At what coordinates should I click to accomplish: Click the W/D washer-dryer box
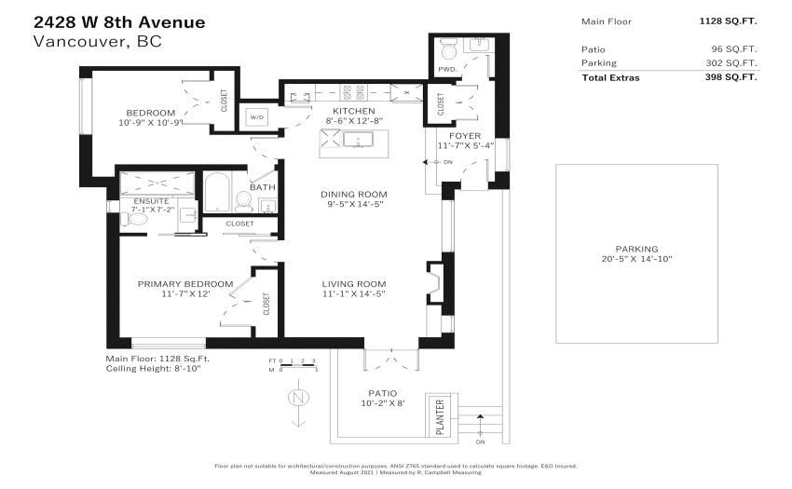pyautogui.click(x=257, y=117)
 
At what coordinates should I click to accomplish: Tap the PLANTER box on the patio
pyautogui.click(x=440, y=416)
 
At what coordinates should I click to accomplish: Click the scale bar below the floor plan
pyautogui.click(x=293, y=365)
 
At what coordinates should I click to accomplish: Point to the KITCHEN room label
pyautogui.click(x=353, y=111)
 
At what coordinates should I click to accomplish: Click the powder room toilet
pyautogui.click(x=448, y=49)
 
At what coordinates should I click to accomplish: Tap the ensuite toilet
pyautogui.click(x=133, y=219)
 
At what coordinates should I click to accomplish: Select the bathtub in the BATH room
pyautogui.click(x=218, y=193)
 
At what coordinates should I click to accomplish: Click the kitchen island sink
pyautogui.click(x=358, y=140)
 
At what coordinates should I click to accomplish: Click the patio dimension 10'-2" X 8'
pyautogui.click(x=383, y=403)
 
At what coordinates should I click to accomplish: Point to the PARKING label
pyautogui.click(x=636, y=249)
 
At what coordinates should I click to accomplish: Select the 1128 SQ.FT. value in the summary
pyautogui.click(x=728, y=21)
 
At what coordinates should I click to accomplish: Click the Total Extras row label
pyautogui.click(x=610, y=78)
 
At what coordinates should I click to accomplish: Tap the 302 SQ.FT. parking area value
pyautogui.click(x=731, y=63)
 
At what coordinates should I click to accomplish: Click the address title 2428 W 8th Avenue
pyautogui.click(x=119, y=22)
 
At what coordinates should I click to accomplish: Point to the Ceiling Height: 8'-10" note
pyautogui.click(x=153, y=369)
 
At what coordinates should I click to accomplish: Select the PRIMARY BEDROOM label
pyautogui.click(x=185, y=284)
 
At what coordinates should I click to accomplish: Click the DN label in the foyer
pyautogui.click(x=448, y=162)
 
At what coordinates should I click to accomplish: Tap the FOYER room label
pyautogui.click(x=465, y=136)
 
